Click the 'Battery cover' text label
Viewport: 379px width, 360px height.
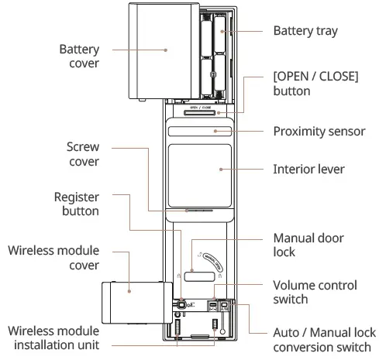coord(79,56)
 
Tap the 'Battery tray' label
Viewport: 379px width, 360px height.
coord(305,31)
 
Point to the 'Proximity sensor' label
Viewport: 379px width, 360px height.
coord(319,131)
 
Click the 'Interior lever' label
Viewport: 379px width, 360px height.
coord(308,168)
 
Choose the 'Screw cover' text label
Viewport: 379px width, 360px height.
coord(81,154)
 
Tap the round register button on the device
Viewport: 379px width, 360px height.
coord(180,304)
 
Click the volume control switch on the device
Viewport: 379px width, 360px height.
coord(214,306)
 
